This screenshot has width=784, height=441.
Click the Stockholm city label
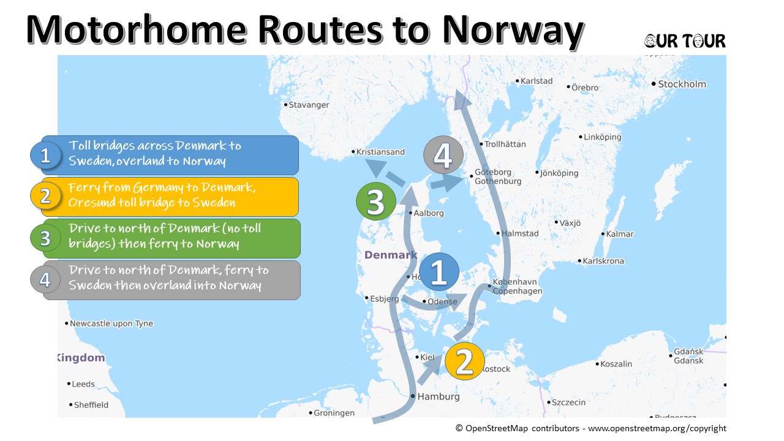pyautogui.click(x=682, y=84)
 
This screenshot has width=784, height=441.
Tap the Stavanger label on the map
pyautogui.click(x=309, y=105)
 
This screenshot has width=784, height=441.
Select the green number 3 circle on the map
pyautogui.click(x=376, y=200)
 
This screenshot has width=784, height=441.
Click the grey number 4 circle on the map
pyautogui.click(x=443, y=156)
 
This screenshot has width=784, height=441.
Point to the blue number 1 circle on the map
pyautogui.click(x=439, y=272)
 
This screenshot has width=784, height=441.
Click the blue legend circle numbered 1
pyautogui.click(x=45, y=156)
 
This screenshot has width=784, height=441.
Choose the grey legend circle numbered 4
pyautogui.click(x=45, y=279)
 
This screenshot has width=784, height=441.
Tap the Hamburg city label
pyautogui.click(x=438, y=396)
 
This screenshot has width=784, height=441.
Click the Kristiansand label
pyautogui.click(x=380, y=152)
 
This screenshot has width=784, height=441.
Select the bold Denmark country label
pyautogui.click(x=390, y=255)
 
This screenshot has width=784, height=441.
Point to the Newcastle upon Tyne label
pyautogui.click(x=111, y=323)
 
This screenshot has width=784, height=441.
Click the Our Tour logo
pyautogui.click(x=685, y=41)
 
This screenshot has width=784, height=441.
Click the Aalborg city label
pyautogui.click(x=429, y=213)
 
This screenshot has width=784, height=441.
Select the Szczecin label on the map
pyautogui.click(x=568, y=402)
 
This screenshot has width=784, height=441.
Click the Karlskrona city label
pyautogui.click(x=603, y=261)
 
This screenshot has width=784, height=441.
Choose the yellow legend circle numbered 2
pyautogui.click(x=45, y=196)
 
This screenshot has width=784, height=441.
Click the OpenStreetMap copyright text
pyautogui.click(x=590, y=429)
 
